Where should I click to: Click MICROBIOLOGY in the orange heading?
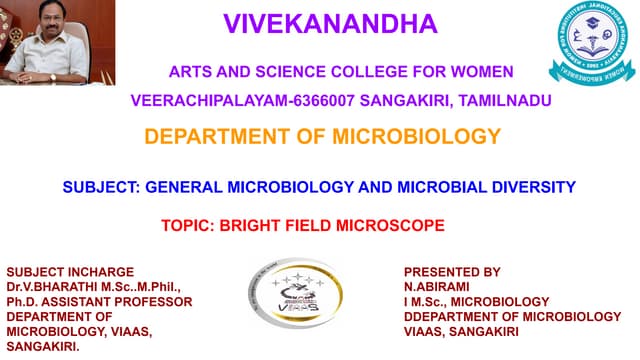tap(415, 137)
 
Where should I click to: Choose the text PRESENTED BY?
tap(452, 272)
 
